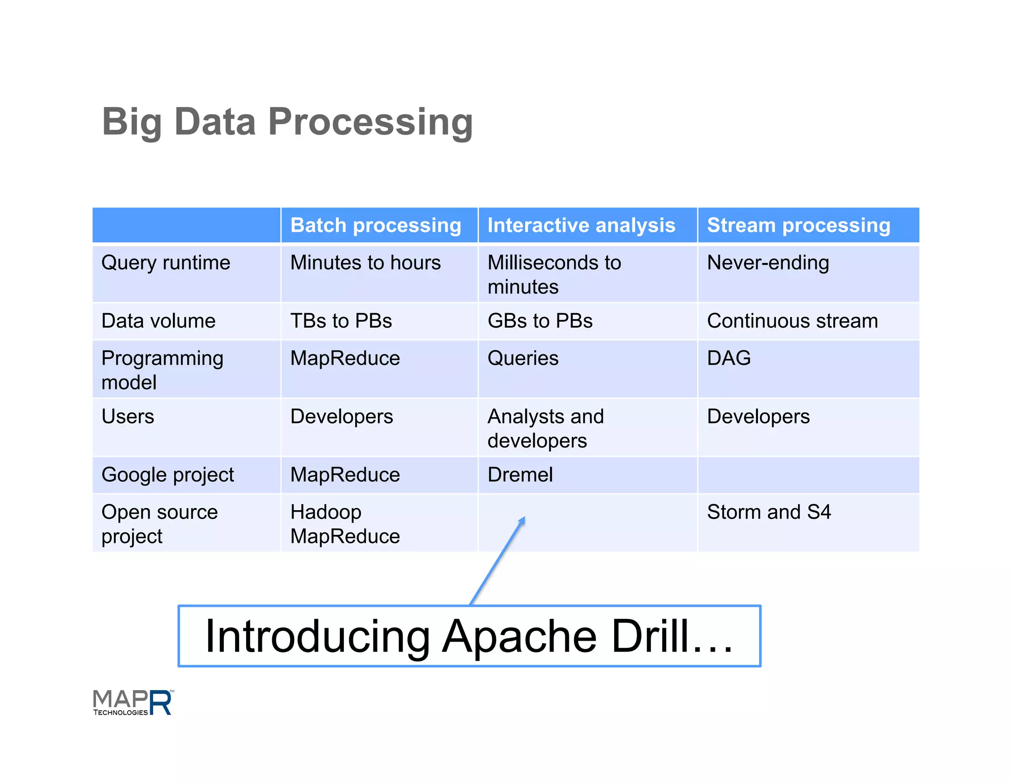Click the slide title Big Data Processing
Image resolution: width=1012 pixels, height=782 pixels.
click(x=287, y=122)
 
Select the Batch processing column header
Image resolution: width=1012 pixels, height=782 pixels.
click(x=376, y=225)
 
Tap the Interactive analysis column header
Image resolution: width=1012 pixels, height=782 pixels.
click(x=581, y=225)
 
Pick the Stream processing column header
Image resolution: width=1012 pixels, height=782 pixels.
click(x=798, y=225)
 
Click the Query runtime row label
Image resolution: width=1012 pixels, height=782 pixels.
click(x=166, y=263)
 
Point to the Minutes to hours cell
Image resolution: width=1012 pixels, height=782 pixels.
click(x=365, y=263)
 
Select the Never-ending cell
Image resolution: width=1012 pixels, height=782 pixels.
click(x=767, y=263)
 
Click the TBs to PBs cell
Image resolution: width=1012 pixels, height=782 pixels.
click(x=341, y=321)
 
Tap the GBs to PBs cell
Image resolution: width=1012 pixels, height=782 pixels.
click(x=540, y=321)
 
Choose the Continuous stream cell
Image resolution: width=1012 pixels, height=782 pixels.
click(x=792, y=321)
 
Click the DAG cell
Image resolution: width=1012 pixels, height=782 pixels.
click(x=728, y=358)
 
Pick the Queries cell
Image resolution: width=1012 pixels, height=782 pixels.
click(x=523, y=358)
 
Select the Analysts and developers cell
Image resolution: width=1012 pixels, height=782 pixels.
click(x=545, y=428)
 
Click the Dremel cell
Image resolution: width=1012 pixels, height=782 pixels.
click(x=520, y=475)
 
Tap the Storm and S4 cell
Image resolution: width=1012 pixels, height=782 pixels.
click(x=768, y=512)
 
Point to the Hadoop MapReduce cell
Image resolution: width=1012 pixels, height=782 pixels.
click(x=345, y=524)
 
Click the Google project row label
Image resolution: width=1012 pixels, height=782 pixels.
click(x=168, y=475)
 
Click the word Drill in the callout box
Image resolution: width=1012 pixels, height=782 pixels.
click(x=649, y=637)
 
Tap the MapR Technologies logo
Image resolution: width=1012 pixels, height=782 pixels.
click(x=133, y=702)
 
